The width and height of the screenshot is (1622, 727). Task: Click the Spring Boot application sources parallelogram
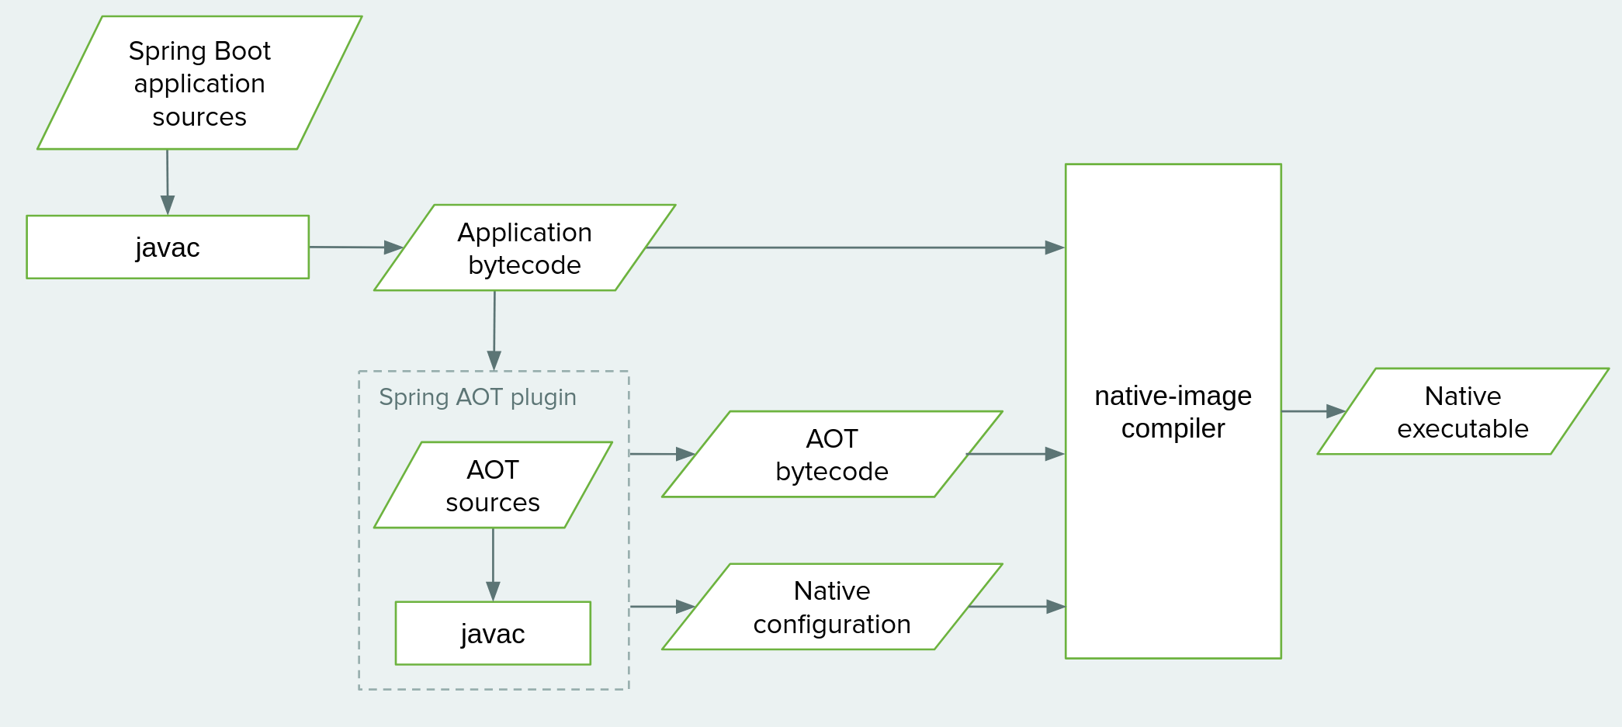pos(199,83)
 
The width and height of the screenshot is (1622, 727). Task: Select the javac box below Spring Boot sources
pos(168,248)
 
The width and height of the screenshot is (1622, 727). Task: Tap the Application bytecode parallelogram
pos(525,248)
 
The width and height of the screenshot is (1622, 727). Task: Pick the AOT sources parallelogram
pos(493,486)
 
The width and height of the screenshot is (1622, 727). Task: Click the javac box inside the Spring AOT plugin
pos(493,633)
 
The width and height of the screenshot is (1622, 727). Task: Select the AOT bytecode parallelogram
pos(832,455)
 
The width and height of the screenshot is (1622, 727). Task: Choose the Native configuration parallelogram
pos(832,607)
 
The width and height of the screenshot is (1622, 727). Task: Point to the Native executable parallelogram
pos(1463,412)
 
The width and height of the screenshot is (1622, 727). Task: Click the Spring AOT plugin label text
pos(477,397)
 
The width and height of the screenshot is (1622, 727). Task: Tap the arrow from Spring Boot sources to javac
pos(167,182)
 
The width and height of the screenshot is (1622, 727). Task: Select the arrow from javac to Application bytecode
pos(355,248)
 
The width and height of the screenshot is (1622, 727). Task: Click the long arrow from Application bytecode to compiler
pos(854,248)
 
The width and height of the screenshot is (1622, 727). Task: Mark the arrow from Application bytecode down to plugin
pos(494,330)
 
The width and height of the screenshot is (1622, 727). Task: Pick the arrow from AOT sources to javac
pos(493,564)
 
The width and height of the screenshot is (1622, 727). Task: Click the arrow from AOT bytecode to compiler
pos(1017,454)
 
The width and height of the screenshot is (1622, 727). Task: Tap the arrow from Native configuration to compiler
pos(1017,607)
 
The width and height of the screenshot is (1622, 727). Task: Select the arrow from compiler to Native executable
pos(1312,411)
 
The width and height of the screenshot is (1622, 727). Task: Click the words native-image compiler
pos(1173,412)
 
